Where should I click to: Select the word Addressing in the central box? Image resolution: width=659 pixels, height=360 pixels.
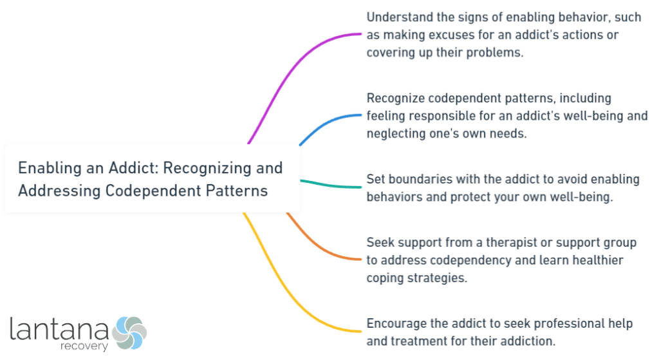(51, 191)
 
